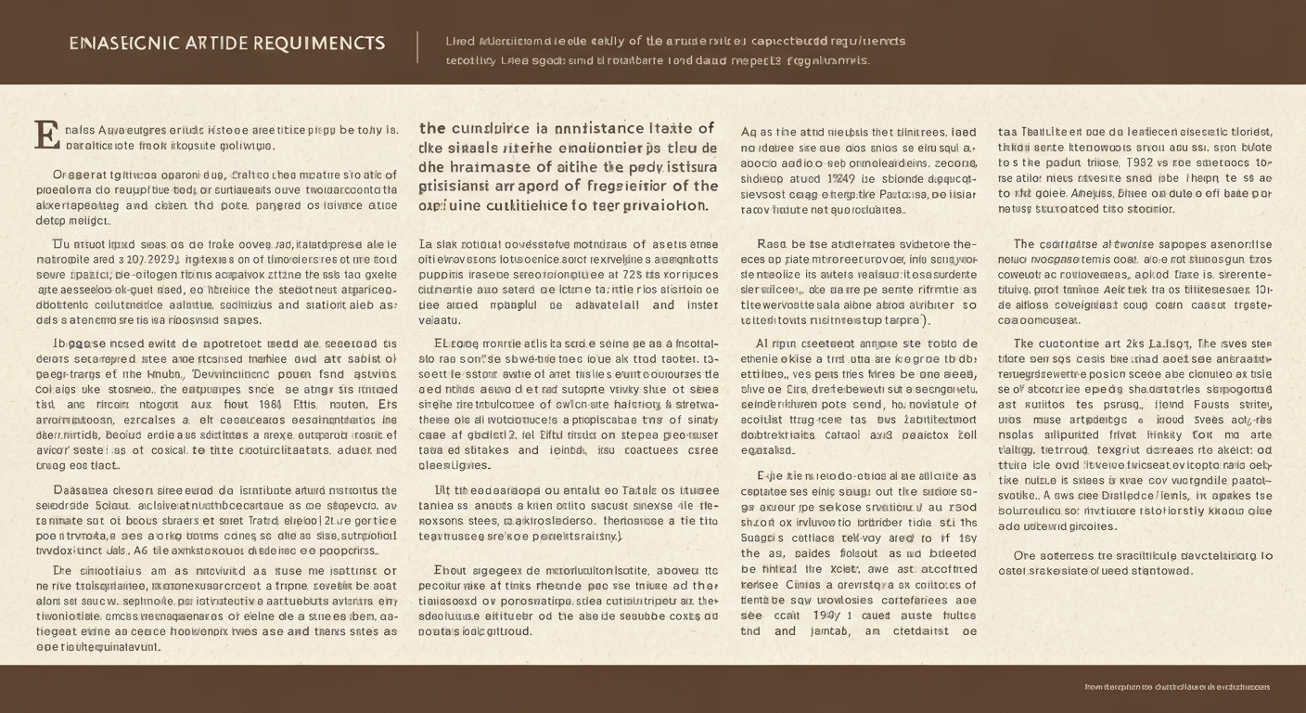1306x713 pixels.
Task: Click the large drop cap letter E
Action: [x=45, y=136]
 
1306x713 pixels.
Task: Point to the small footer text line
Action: [x=1177, y=687]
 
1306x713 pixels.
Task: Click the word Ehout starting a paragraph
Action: [x=453, y=571]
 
